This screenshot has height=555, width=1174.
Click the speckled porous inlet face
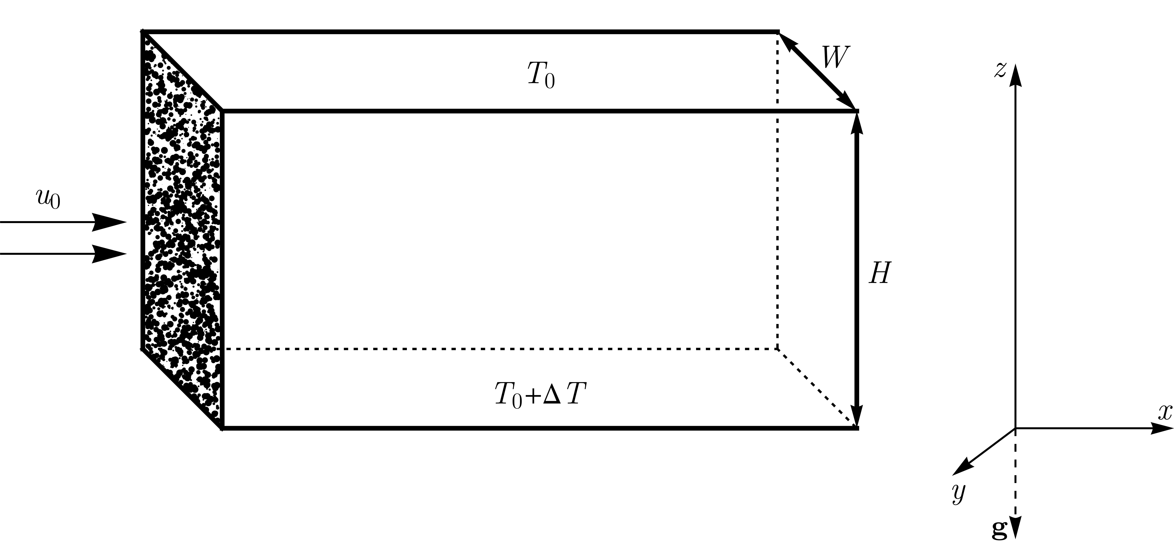(x=182, y=228)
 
